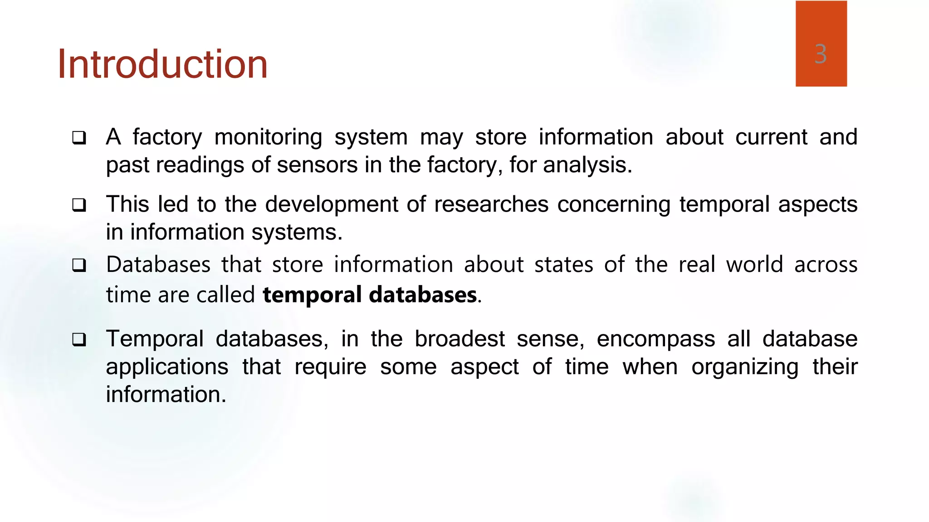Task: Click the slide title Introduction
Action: [162, 64]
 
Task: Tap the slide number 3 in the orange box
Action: [820, 54]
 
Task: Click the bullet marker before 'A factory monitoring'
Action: [79, 138]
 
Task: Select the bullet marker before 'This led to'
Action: [79, 205]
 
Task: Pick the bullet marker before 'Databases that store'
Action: [79, 265]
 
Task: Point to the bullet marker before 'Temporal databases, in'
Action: [79, 339]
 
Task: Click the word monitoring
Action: [268, 137]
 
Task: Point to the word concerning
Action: [614, 204]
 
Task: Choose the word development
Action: [332, 204]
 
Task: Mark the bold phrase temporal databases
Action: [370, 295]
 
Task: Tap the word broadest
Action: [460, 339]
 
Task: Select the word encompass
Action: [655, 339]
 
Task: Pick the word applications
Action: [167, 367]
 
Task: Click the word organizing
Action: [745, 367]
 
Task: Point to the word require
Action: [330, 367]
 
